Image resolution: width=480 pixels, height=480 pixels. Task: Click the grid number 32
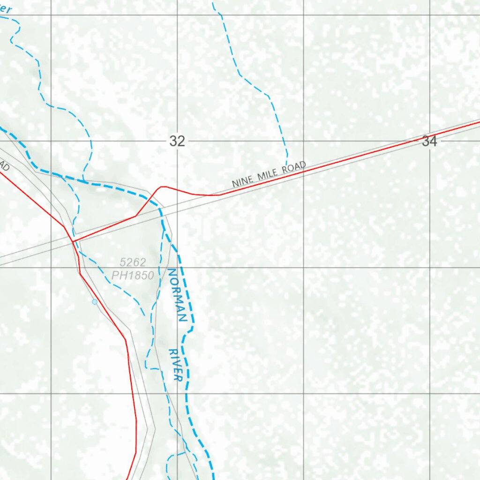pos(177,141)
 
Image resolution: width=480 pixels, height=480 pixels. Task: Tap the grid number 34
pos(429,141)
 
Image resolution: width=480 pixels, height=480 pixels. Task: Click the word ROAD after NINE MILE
pos(294,167)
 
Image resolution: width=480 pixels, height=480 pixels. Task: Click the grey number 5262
pos(133,262)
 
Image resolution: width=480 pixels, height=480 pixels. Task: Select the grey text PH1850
pos(133,276)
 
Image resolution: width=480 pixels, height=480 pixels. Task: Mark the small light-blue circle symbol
pos(95,302)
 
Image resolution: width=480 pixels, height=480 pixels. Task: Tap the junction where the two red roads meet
pos(73,241)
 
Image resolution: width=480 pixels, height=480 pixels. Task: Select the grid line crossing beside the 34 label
pos(430,141)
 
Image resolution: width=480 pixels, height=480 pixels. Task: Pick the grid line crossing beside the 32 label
pos(177,141)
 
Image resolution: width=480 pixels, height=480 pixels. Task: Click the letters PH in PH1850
pos(117,276)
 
